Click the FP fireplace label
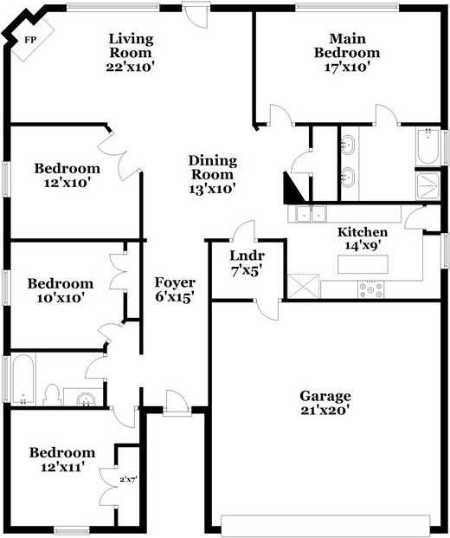pyautogui.click(x=30, y=40)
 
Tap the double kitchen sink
pyautogui.click(x=307, y=213)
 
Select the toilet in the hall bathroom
pyautogui.click(x=52, y=394)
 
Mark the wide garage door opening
pyautogui.click(x=325, y=524)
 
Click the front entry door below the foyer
pyautogui.click(x=177, y=405)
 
